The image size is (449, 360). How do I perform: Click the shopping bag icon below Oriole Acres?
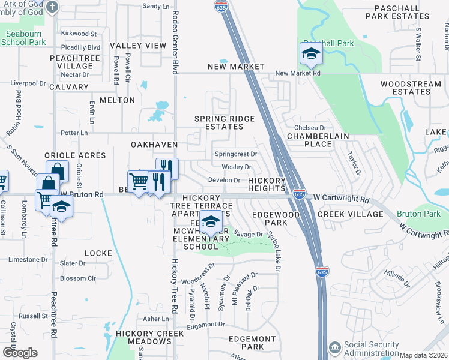56,171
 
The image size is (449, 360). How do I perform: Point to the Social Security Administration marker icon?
334,348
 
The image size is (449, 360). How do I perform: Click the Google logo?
20,353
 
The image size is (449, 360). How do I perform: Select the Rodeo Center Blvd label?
175,42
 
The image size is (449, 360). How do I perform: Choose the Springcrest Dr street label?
236,154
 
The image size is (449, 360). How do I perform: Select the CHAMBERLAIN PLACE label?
318,140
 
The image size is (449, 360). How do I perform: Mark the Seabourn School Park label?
23,38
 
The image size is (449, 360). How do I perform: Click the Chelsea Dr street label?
310,128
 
